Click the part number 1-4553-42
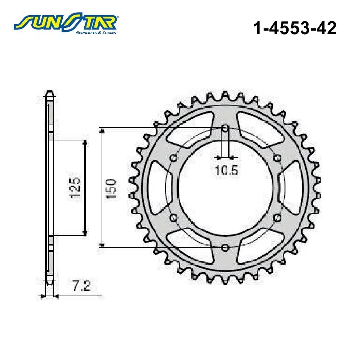(x=295, y=28)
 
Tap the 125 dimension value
(x=76, y=188)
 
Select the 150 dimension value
(x=111, y=189)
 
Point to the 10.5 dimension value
(x=227, y=171)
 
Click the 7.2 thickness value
(x=82, y=287)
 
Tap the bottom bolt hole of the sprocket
(x=225, y=248)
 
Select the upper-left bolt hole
(x=173, y=158)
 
